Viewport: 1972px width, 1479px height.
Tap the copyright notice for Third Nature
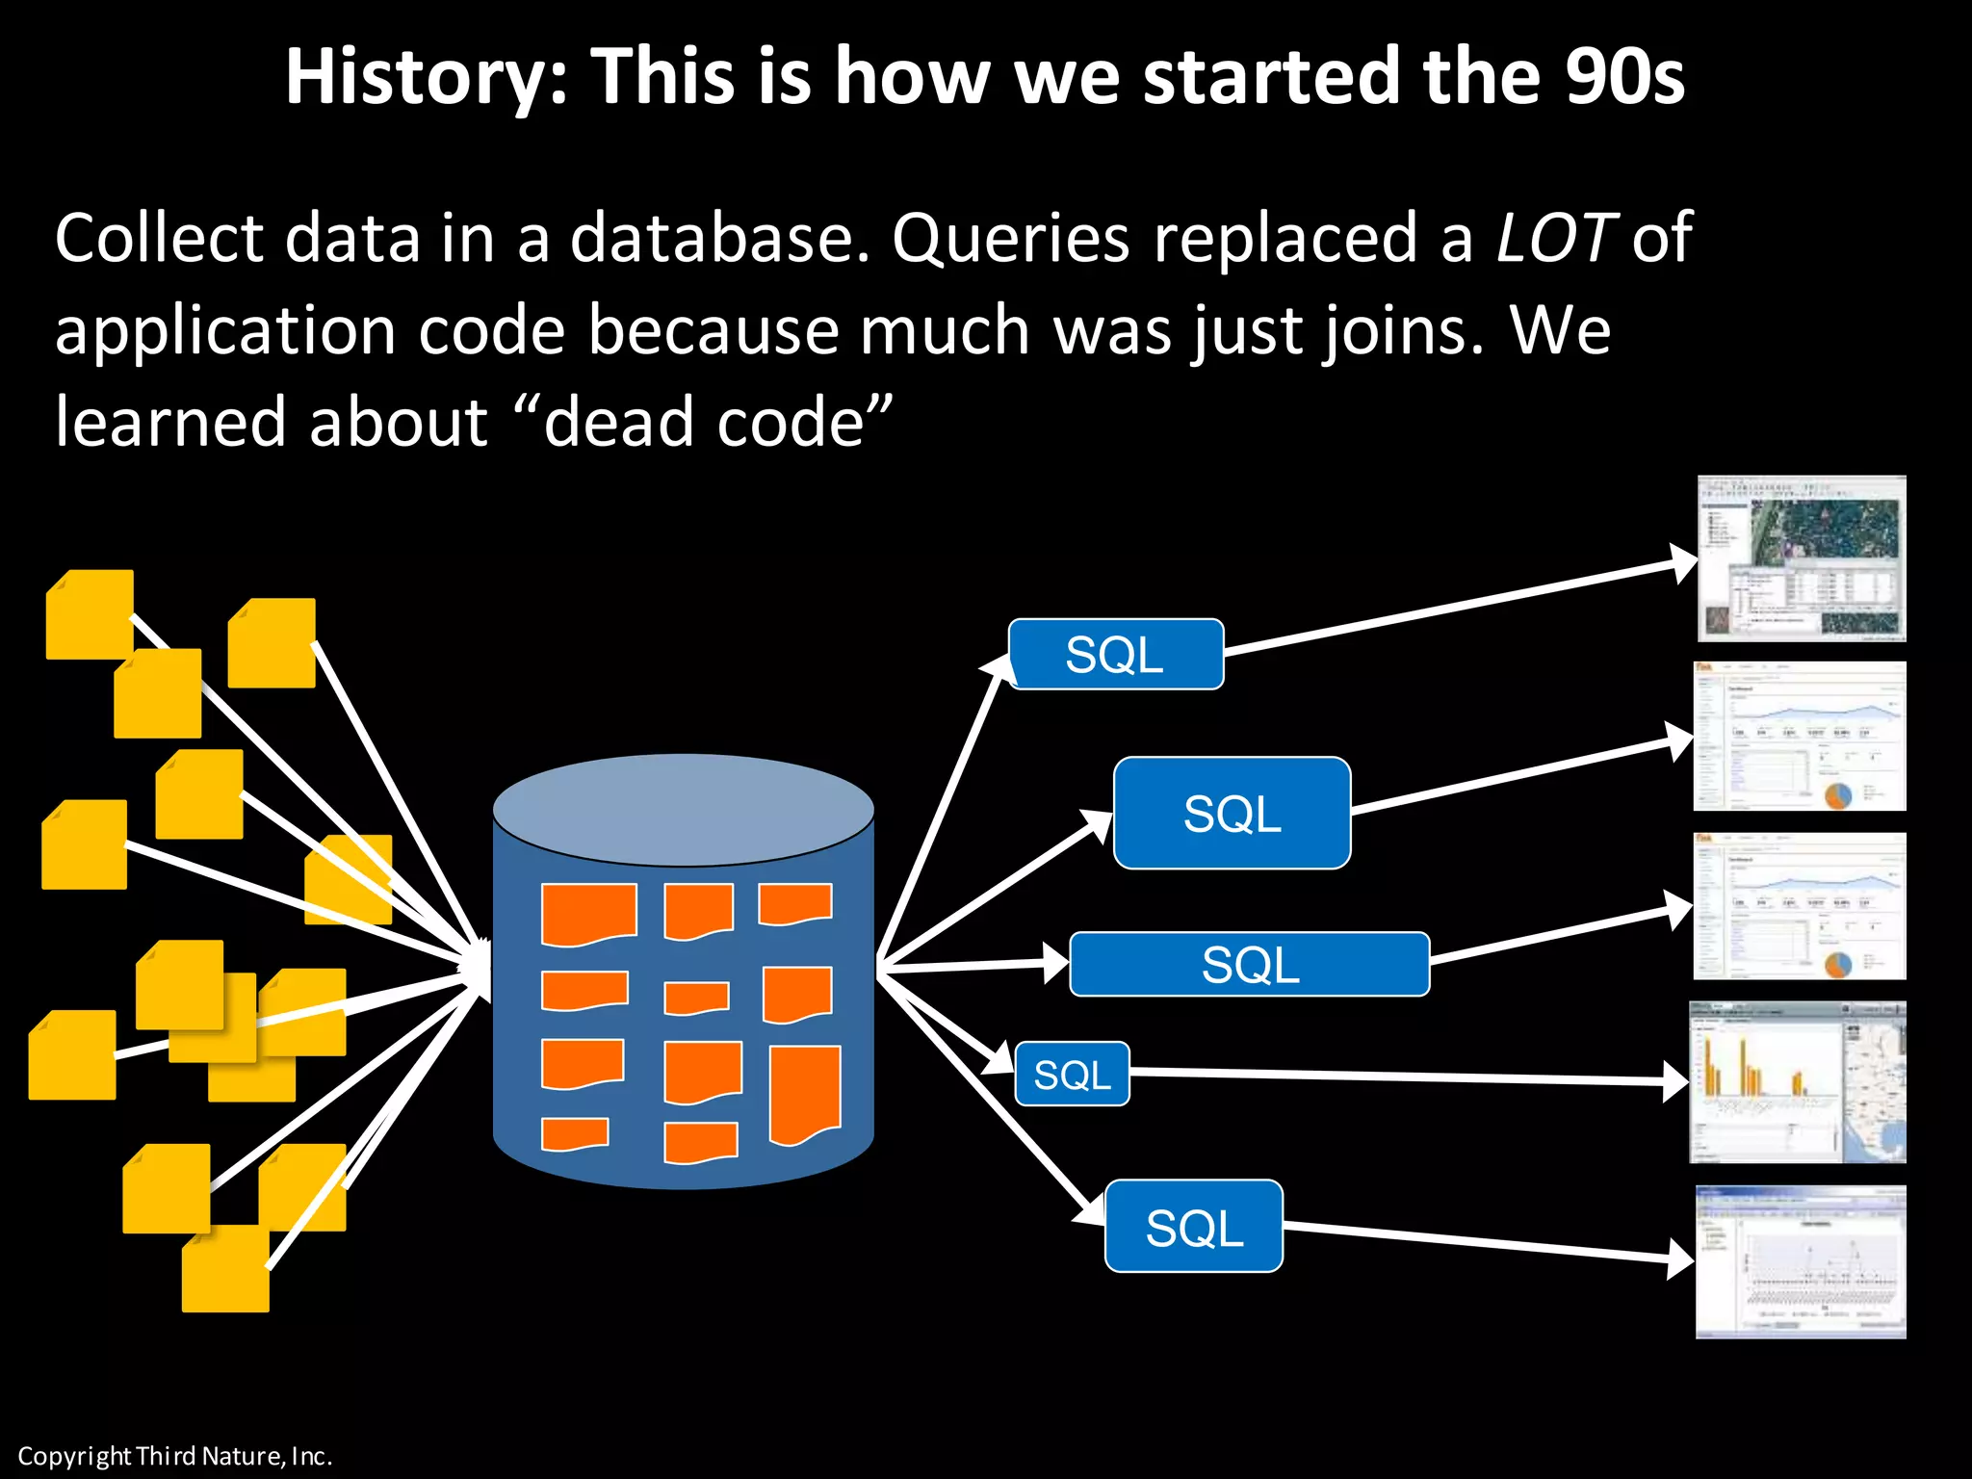(x=174, y=1456)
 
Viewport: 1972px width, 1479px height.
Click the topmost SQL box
(x=1115, y=655)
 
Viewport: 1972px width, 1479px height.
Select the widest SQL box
(x=1249, y=964)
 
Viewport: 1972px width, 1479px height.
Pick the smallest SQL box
(x=1072, y=1074)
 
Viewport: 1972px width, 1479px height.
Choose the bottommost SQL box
(x=1193, y=1227)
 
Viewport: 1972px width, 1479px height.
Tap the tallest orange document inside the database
(x=805, y=1095)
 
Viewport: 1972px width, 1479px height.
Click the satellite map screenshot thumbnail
(x=1801, y=558)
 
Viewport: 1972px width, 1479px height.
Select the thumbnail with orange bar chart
(x=1797, y=1081)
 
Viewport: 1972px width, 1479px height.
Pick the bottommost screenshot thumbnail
(x=1800, y=1261)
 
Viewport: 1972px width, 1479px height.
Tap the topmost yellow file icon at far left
(x=90, y=614)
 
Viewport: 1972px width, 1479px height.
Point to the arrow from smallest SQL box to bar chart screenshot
(x=1406, y=1077)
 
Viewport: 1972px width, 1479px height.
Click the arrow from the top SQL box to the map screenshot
(x=1454, y=607)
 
